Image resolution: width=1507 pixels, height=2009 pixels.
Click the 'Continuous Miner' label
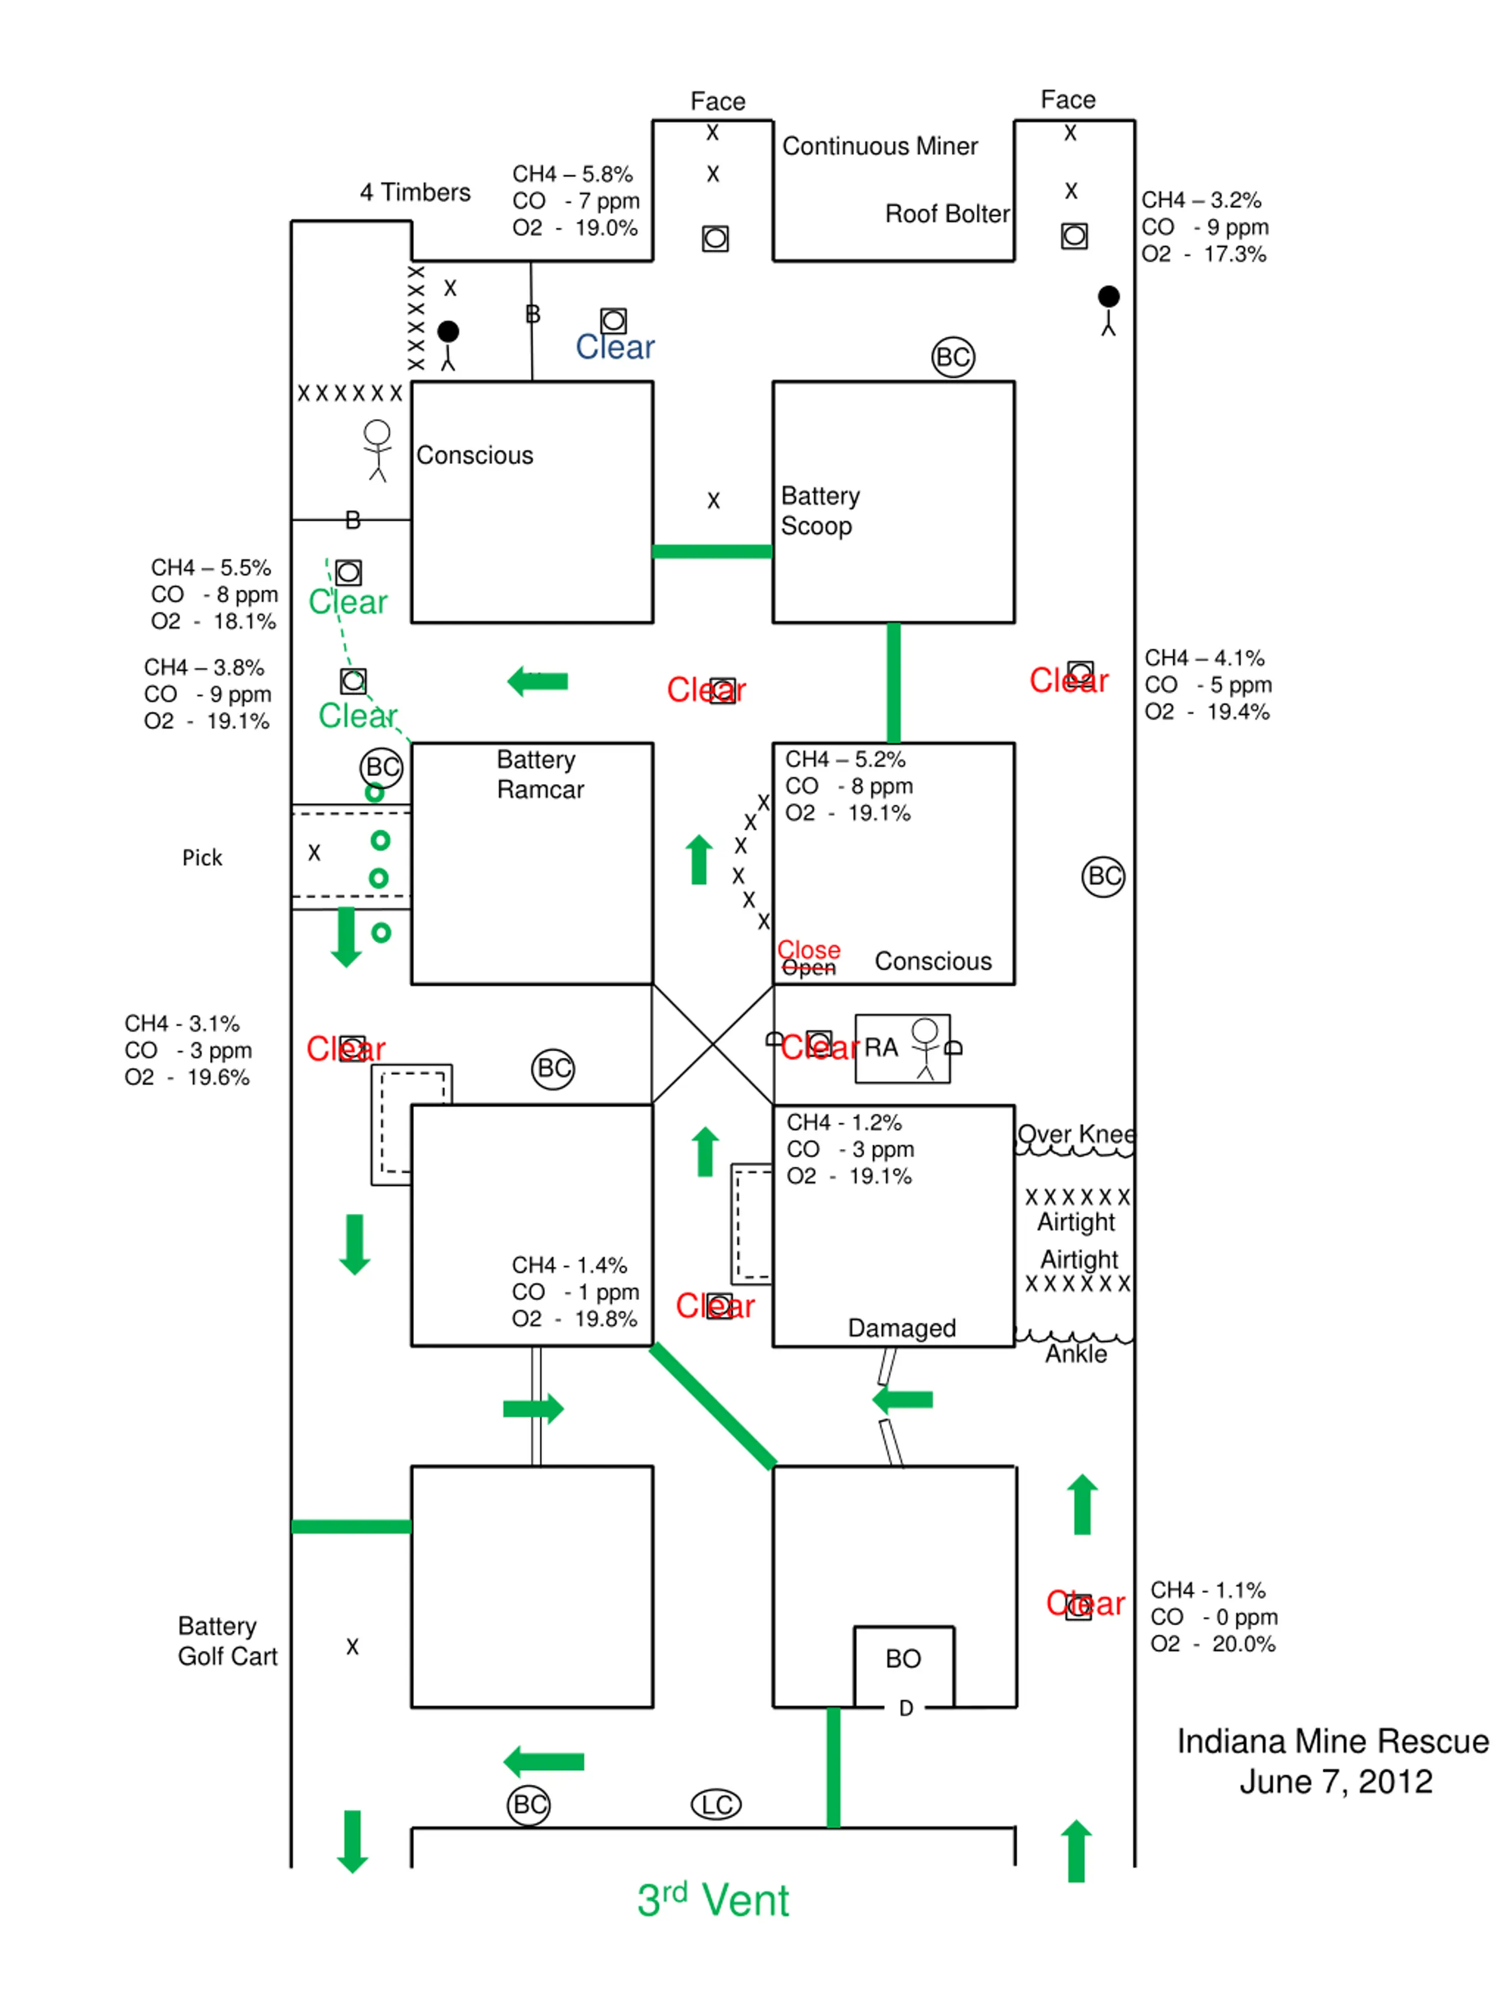(879, 146)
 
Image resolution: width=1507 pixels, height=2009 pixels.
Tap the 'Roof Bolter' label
(947, 214)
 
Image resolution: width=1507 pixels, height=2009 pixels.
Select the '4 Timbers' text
(415, 192)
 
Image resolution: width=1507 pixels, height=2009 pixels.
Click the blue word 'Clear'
(615, 347)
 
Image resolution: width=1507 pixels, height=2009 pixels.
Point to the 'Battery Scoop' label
(820, 510)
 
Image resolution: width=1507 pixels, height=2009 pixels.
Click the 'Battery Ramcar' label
(540, 774)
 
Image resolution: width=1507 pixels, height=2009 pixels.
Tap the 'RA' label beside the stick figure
(880, 1047)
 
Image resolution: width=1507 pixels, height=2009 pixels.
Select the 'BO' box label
(903, 1658)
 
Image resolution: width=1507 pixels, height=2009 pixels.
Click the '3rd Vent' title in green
(713, 1900)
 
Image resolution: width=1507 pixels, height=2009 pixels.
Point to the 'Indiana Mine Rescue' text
(1333, 1741)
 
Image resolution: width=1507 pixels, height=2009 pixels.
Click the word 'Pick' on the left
(202, 858)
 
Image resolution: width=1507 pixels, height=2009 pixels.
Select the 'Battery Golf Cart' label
(227, 1641)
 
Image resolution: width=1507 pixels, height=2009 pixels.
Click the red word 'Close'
(808, 949)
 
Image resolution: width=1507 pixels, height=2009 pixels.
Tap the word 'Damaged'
(902, 1328)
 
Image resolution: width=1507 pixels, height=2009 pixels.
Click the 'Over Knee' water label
(1076, 1134)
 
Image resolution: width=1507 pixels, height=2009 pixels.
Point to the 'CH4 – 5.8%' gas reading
(572, 174)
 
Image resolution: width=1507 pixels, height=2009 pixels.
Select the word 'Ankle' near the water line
(1076, 1353)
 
